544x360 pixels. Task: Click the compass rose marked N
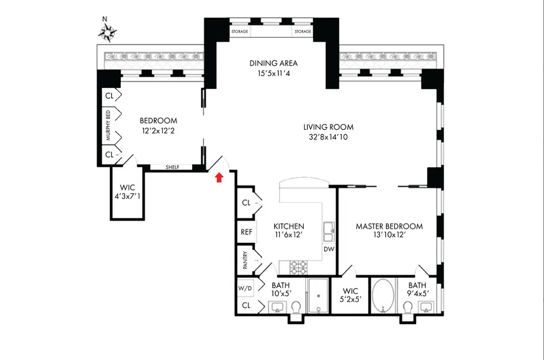pos(108,32)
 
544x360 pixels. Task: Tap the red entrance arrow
pos(219,178)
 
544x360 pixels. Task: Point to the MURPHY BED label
pos(108,126)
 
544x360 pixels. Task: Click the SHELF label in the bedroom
pos(172,167)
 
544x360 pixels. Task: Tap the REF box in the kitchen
pos(246,232)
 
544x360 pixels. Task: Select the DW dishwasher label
pos(329,249)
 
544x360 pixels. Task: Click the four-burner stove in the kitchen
pos(298,267)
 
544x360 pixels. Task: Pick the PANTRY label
pos(246,261)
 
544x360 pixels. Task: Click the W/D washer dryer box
pos(245,288)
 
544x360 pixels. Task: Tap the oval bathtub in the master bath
pos(383,295)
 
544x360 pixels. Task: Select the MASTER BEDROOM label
pos(389,226)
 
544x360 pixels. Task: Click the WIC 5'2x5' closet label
pos(350,295)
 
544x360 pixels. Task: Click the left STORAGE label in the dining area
pos(239,31)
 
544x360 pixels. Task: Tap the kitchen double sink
pos(328,231)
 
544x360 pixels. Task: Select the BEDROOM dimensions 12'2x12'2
pos(158,130)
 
